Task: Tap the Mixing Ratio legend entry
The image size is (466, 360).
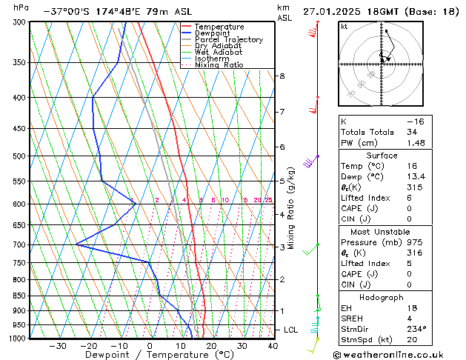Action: click(x=219, y=65)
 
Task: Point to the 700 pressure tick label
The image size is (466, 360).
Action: click(x=20, y=244)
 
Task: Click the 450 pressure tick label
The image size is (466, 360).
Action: click(x=20, y=129)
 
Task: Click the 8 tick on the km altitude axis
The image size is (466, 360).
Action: click(x=282, y=76)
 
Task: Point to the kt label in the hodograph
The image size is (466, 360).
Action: click(x=344, y=26)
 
